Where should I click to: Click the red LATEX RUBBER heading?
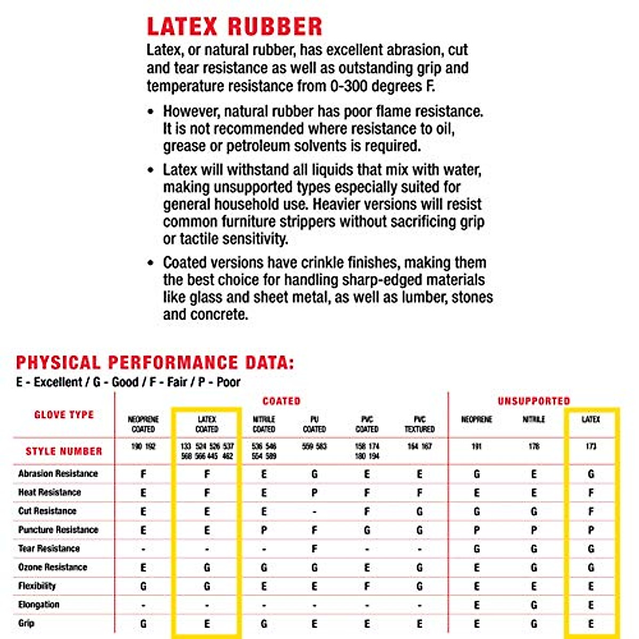click(x=234, y=27)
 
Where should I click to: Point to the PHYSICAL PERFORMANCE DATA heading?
click(x=154, y=363)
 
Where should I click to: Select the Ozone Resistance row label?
click(x=53, y=567)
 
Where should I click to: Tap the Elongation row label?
click(x=39, y=604)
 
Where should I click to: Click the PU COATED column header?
click(x=314, y=424)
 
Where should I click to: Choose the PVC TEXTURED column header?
click(x=420, y=424)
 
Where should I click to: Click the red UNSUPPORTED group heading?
click(x=534, y=401)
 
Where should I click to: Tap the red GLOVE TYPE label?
click(x=64, y=415)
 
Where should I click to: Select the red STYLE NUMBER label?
click(x=64, y=452)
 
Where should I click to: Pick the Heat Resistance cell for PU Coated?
click(x=314, y=493)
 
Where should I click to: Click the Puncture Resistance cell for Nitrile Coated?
click(x=264, y=530)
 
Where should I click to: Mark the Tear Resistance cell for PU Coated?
click(x=314, y=549)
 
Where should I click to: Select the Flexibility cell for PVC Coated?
click(x=367, y=586)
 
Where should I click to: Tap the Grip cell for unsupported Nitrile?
click(x=534, y=624)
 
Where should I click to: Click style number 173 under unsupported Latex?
click(x=591, y=446)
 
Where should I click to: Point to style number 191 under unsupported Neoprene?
click(x=477, y=446)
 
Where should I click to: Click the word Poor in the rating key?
click(x=228, y=382)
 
